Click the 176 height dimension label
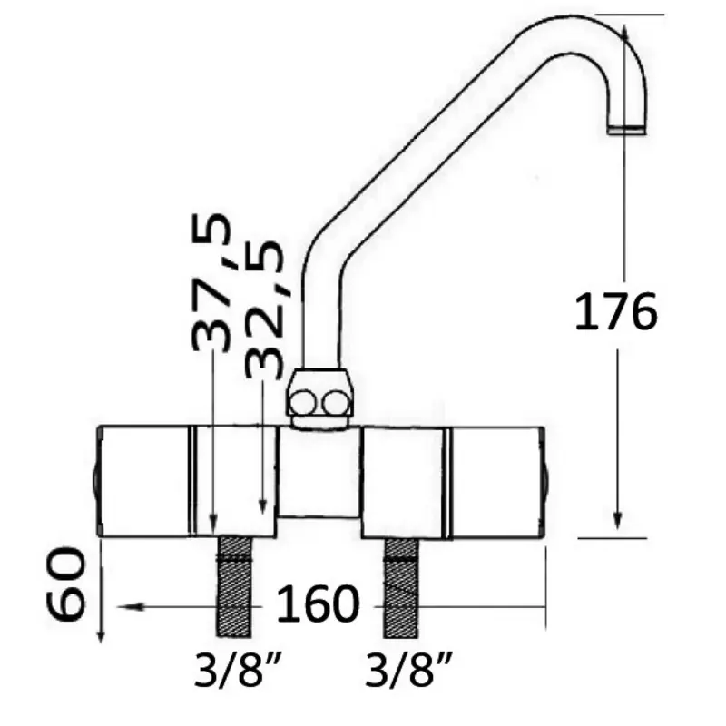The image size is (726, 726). pos(616,311)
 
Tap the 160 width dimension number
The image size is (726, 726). pos(318,603)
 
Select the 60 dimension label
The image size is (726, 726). pos(66,584)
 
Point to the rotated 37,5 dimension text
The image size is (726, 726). pos(211,282)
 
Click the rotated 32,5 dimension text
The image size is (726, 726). pos(264,309)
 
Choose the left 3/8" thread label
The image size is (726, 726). pos(236,669)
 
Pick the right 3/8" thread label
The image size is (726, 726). pos(407,669)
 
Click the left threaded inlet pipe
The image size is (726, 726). pos(234,586)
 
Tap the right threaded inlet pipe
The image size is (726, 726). pos(401,588)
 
